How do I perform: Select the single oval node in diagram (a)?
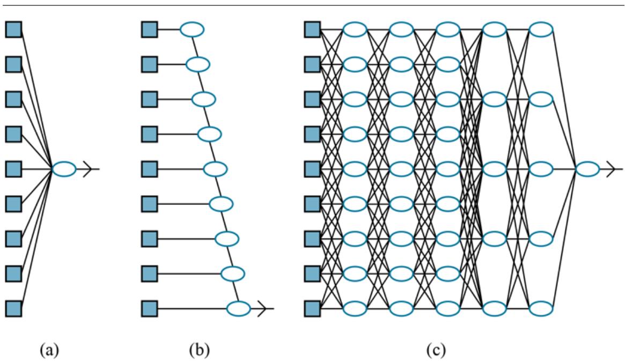tap(64, 169)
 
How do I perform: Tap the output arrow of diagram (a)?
tap(91, 169)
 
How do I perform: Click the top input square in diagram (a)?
tap(13, 29)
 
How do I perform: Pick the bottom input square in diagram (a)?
tap(13, 309)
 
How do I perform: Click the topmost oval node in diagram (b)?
tap(192, 29)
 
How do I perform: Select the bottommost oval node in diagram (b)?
tap(238, 309)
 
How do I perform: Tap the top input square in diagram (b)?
tap(149, 29)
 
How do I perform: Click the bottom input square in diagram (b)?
tap(149, 309)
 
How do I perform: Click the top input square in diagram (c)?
tap(312, 29)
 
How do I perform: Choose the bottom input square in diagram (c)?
tap(312, 309)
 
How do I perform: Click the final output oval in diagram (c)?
tap(587, 169)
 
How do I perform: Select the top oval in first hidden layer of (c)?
tap(355, 29)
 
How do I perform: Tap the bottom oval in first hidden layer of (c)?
tap(355, 309)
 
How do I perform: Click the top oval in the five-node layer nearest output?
tap(541, 29)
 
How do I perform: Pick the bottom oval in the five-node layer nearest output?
tap(541, 309)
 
